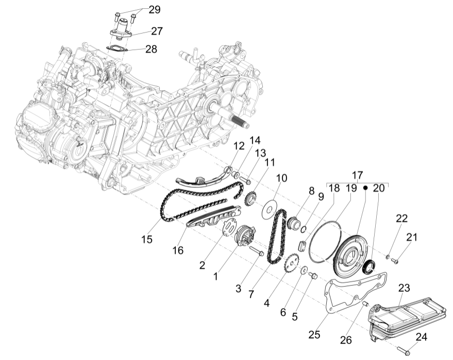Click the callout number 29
pos(155,9)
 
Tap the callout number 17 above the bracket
pos(358,175)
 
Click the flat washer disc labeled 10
pos(268,211)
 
